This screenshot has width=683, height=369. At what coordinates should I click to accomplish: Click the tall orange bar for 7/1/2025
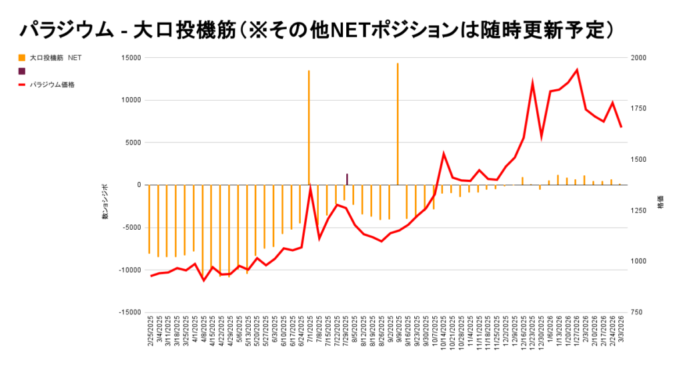pos(308,127)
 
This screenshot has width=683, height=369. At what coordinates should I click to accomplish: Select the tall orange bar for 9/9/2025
pos(398,123)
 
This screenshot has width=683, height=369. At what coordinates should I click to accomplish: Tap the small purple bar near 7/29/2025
pos(347,179)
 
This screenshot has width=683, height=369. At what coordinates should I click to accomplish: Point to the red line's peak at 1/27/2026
pos(577,70)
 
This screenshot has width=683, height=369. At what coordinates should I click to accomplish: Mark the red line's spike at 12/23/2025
pos(532,83)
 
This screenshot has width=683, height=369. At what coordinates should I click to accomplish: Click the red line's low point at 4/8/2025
pos(203,280)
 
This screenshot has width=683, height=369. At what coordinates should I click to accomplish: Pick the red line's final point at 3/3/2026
pos(621,127)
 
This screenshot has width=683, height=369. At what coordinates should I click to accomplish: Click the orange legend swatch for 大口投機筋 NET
pos(22,58)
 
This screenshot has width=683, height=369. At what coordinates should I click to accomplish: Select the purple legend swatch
pos(22,71)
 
